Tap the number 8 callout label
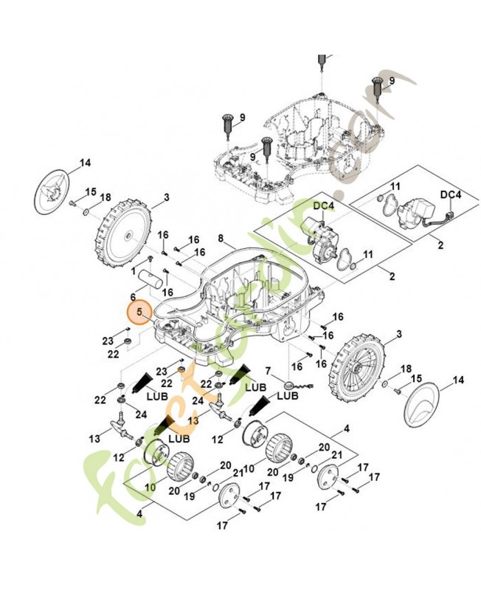(221, 237)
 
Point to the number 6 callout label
(134, 296)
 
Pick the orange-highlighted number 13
(193, 420)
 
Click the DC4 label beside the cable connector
(450, 194)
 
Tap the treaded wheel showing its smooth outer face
(123, 234)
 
